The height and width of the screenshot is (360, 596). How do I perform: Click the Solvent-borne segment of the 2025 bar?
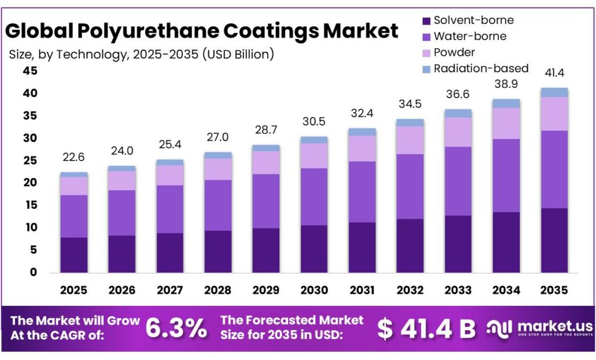(x=74, y=255)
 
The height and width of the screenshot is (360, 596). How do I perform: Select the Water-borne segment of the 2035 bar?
(x=554, y=169)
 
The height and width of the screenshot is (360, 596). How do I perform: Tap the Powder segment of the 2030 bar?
(x=314, y=156)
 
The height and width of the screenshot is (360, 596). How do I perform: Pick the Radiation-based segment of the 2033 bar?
(x=457, y=113)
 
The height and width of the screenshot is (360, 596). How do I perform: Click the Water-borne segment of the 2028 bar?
(x=218, y=205)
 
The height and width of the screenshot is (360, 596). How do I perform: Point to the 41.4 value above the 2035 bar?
(x=554, y=73)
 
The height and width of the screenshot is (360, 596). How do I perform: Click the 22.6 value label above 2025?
(x=74, y=158)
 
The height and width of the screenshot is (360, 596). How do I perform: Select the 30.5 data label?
(x=314, y=123)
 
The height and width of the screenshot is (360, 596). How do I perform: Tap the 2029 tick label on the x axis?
(x=266, y=290)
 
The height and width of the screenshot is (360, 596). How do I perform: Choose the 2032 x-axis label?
(x=410, y=290)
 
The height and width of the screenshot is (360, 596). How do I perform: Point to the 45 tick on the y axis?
(x=30, y=71)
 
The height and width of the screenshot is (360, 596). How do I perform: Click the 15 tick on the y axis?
(x=30, y=205)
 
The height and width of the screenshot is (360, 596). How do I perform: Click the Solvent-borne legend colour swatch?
(x=425, y=21)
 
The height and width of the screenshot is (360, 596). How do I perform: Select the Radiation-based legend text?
(x=481, y=68)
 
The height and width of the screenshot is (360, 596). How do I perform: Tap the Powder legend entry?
(x=454, y=52)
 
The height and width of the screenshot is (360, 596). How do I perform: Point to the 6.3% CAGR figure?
(x=176, y=329)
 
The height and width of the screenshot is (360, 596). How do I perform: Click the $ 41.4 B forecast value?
(x=426, y=329)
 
